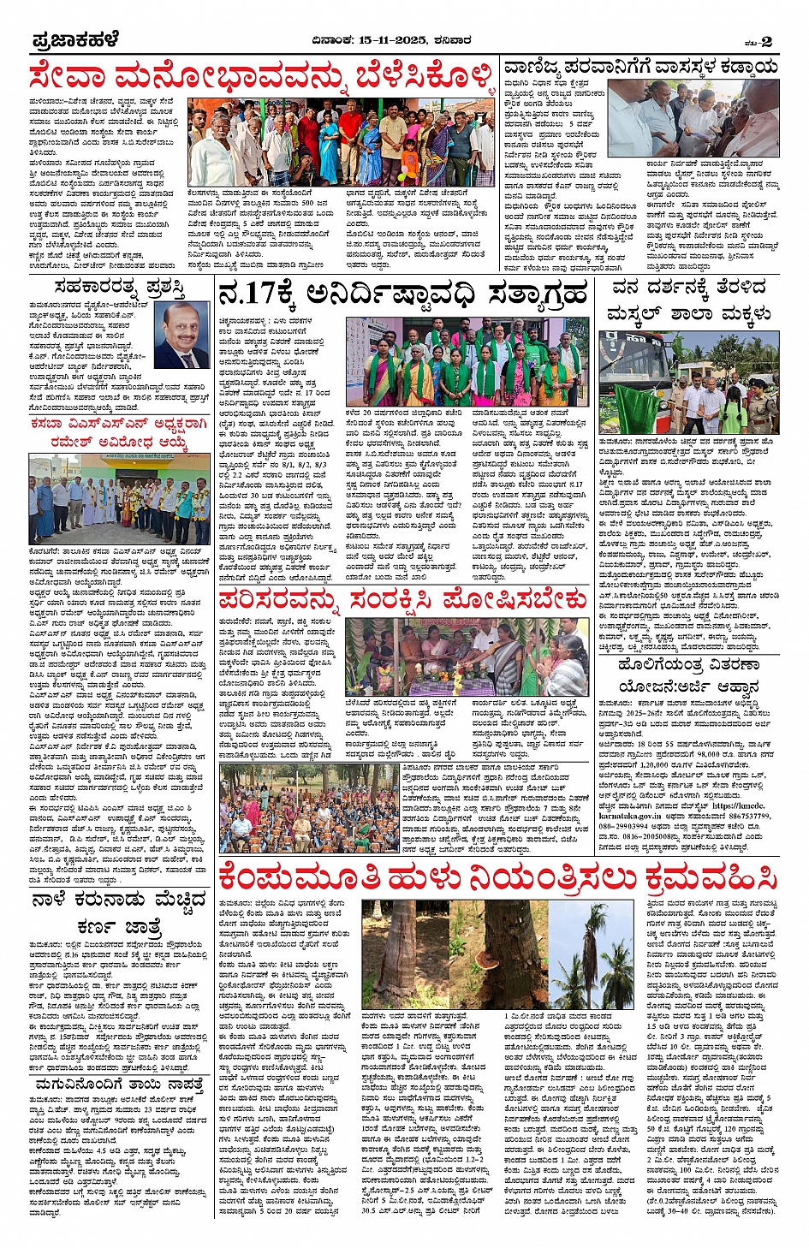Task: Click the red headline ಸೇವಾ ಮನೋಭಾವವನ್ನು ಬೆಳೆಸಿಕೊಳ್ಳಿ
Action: tap(261, 77)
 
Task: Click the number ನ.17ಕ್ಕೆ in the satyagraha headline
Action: tap(257, 294)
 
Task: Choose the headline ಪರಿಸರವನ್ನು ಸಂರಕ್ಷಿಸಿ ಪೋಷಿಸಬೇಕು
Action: tap(402, 599)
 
